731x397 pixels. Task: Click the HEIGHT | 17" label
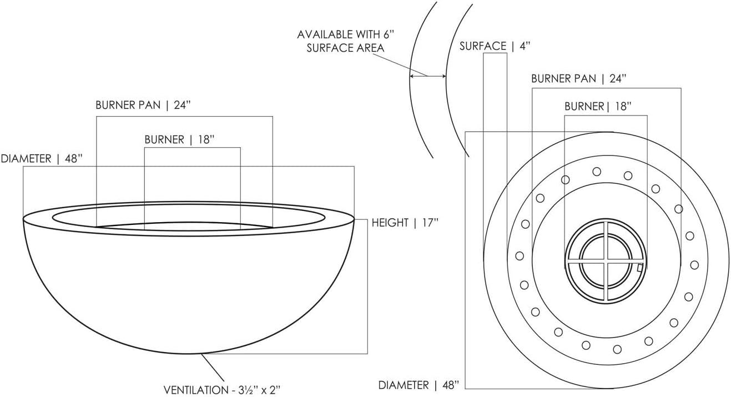pyautogui.click(x=405, y=223)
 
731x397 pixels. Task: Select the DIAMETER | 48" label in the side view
pyautogui.click(x=41, y=159)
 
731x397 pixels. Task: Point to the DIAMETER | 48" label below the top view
pyautogui.click(x=419, y=385)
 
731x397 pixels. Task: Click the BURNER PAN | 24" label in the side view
pyautogui.click(x=147, y=105)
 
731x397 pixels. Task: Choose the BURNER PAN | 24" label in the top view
pyautogui.click(x=578, y=78)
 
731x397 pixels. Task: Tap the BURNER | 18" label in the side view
pyautogui.click(x=179, y=139)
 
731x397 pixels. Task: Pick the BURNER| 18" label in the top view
pyautogui.click(x=597, y=106)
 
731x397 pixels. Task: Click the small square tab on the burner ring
pyautogui.click(x=640, y=268)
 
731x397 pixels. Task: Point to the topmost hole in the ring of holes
pyautogui.click(x=597, y=171)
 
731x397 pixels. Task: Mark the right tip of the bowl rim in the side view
pyautogui.click(x=354, y=218)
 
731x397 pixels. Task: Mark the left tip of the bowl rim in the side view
pyautogui.click(x=23, y=218)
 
